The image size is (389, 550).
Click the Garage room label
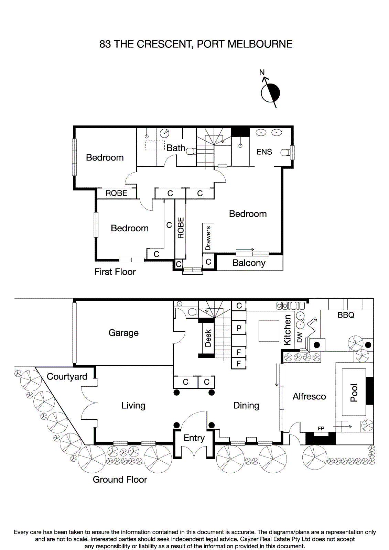(123, 333)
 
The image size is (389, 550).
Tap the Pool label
(354, 393)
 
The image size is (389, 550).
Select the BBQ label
(346, 315)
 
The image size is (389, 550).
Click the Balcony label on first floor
(249, 263)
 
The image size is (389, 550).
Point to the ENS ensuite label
(264, 152)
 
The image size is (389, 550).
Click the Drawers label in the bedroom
(208, 238)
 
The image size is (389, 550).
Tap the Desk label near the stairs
(208, 338)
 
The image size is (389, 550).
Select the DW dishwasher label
(300, 337)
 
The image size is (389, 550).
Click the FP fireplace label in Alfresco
(321, 428)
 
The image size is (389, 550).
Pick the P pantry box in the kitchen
(239, 328)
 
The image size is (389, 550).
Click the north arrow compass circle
(270, 93)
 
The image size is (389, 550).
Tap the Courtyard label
(67, 377)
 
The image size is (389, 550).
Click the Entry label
(194, 438)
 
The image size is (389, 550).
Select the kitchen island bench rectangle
(269, 331)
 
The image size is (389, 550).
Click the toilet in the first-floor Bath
(191, 151)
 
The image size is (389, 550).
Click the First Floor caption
(115, 272)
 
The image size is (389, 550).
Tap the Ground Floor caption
(120, 480)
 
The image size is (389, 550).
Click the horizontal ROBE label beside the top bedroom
(116, 193)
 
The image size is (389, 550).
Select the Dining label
(246, 406)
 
